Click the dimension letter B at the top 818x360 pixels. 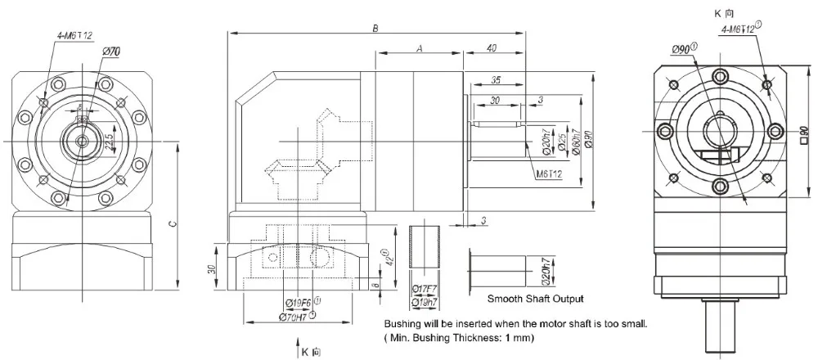coord(375,28)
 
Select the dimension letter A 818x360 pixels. coord(419,49)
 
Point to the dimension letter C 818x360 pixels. coord(172,226)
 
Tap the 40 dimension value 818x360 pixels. coord(492,49)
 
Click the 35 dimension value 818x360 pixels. coord(496,81)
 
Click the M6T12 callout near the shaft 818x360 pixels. coord(548,174)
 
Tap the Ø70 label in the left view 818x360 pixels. coord(112,52)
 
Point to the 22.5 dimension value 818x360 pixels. coord(109,142)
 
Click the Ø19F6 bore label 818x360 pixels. coord(300,300)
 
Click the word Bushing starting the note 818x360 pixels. coord(402,323)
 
